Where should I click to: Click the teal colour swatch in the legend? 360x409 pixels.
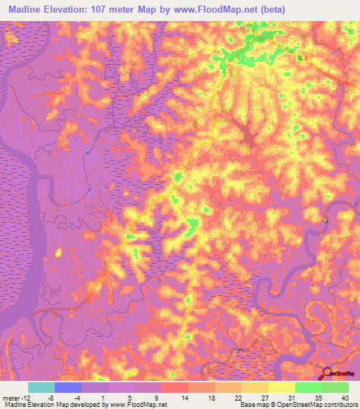point(41,387)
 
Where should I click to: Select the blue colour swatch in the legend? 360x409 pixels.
point(68,387)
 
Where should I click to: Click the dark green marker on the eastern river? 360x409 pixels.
point(326,221)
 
